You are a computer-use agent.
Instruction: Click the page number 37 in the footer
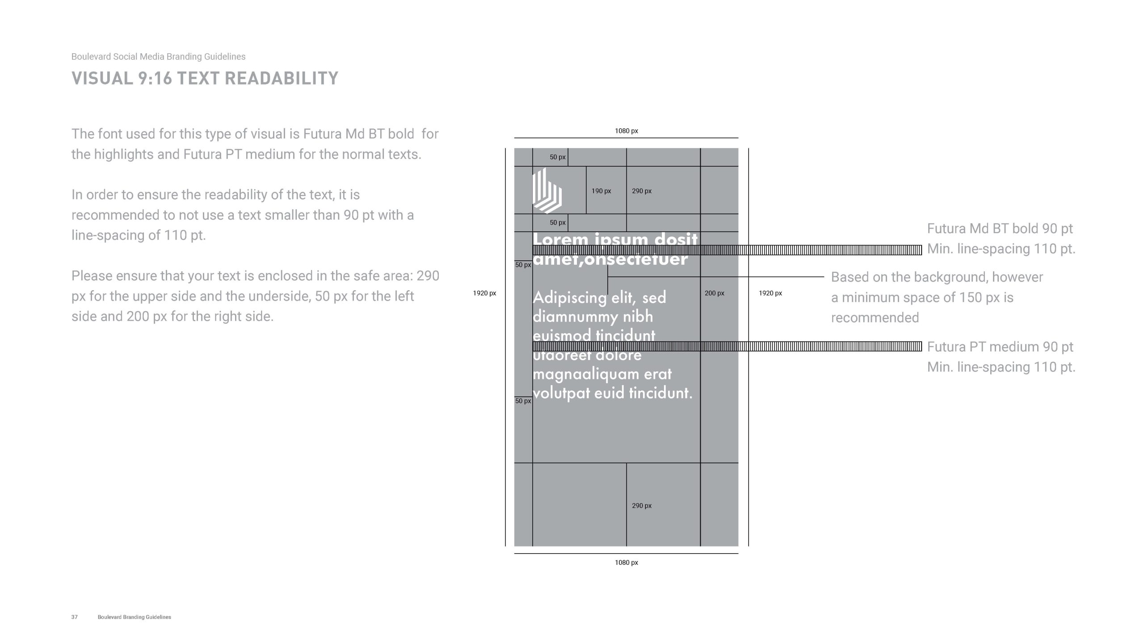coord(74,617)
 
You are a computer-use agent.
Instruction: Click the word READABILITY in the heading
coord(281,78)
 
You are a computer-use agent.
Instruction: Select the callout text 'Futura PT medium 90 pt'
coord(1000,347)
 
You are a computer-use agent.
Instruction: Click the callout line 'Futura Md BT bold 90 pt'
coord(1000,229)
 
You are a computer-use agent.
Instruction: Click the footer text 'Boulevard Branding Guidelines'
coord(134,617)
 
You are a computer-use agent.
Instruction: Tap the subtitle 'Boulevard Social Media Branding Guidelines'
coord(158,57)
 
